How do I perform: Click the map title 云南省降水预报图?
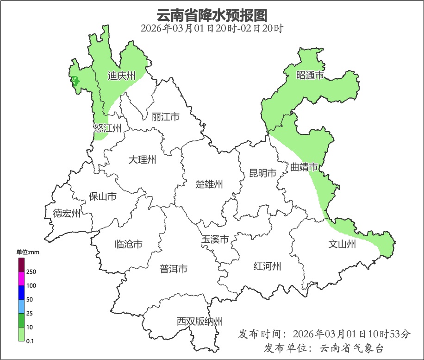(212, 15)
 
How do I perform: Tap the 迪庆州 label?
(121, 76)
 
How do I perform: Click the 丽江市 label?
(165, 117)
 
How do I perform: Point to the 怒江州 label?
(107, 128)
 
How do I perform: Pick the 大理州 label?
(142, 160)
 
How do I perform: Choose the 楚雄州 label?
(209, 184)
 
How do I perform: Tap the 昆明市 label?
(262, 173)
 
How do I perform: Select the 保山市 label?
(103, 196)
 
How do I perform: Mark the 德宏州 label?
(67, 213)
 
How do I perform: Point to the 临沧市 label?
(128, 244)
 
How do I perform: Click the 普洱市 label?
(174, 269)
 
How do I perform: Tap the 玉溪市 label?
(215, 240)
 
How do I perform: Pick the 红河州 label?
(268, 266)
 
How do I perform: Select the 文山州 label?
(342, 244)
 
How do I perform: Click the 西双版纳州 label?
(200, 321)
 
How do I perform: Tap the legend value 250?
(31, 272)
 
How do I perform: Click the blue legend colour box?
(21, 292)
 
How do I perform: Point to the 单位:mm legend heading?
(28, 252)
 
